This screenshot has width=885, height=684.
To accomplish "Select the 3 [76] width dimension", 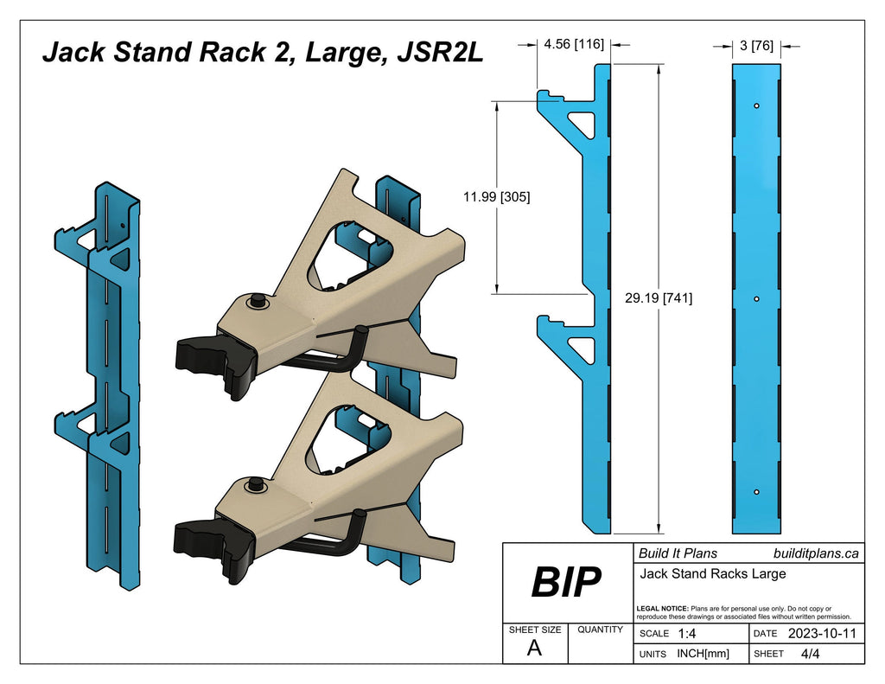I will (x=756, y=46).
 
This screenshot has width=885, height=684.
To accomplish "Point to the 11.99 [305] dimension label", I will (x=496, y=196).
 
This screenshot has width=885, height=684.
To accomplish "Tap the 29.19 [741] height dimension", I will (x=658, y=298).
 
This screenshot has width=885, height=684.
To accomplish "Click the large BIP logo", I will (x=566, y=584).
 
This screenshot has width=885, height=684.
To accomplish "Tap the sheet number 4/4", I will (x=811, y=654).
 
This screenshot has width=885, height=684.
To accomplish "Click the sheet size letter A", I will (x=534, y=649).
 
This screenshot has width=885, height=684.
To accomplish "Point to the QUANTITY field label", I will (x=600, y=630).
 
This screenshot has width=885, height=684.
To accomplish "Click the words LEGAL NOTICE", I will (x=662, y=609).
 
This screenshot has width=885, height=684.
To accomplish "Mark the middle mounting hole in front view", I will (x=756, y=298).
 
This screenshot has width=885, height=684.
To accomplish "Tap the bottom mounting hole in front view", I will (x=756, y=491).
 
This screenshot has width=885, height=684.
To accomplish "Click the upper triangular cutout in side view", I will (x=584, y=123).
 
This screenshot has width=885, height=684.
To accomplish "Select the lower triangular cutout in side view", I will (x=584, y=348).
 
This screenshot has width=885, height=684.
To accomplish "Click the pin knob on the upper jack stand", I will (x=257, y=301).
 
